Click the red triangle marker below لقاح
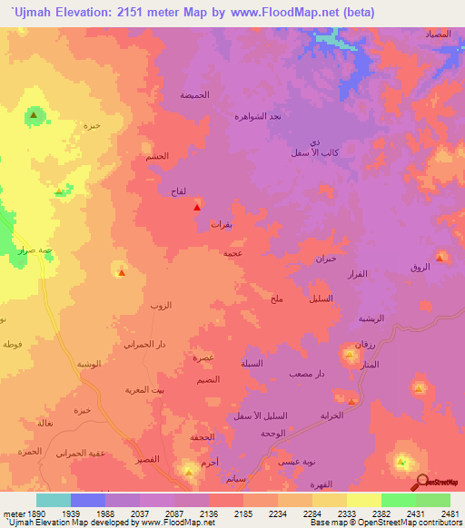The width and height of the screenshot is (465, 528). [197, 208]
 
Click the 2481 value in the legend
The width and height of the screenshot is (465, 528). [450, 513]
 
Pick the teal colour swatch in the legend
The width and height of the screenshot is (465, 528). [53, 500]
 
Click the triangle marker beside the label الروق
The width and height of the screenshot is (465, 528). [440, 258]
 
